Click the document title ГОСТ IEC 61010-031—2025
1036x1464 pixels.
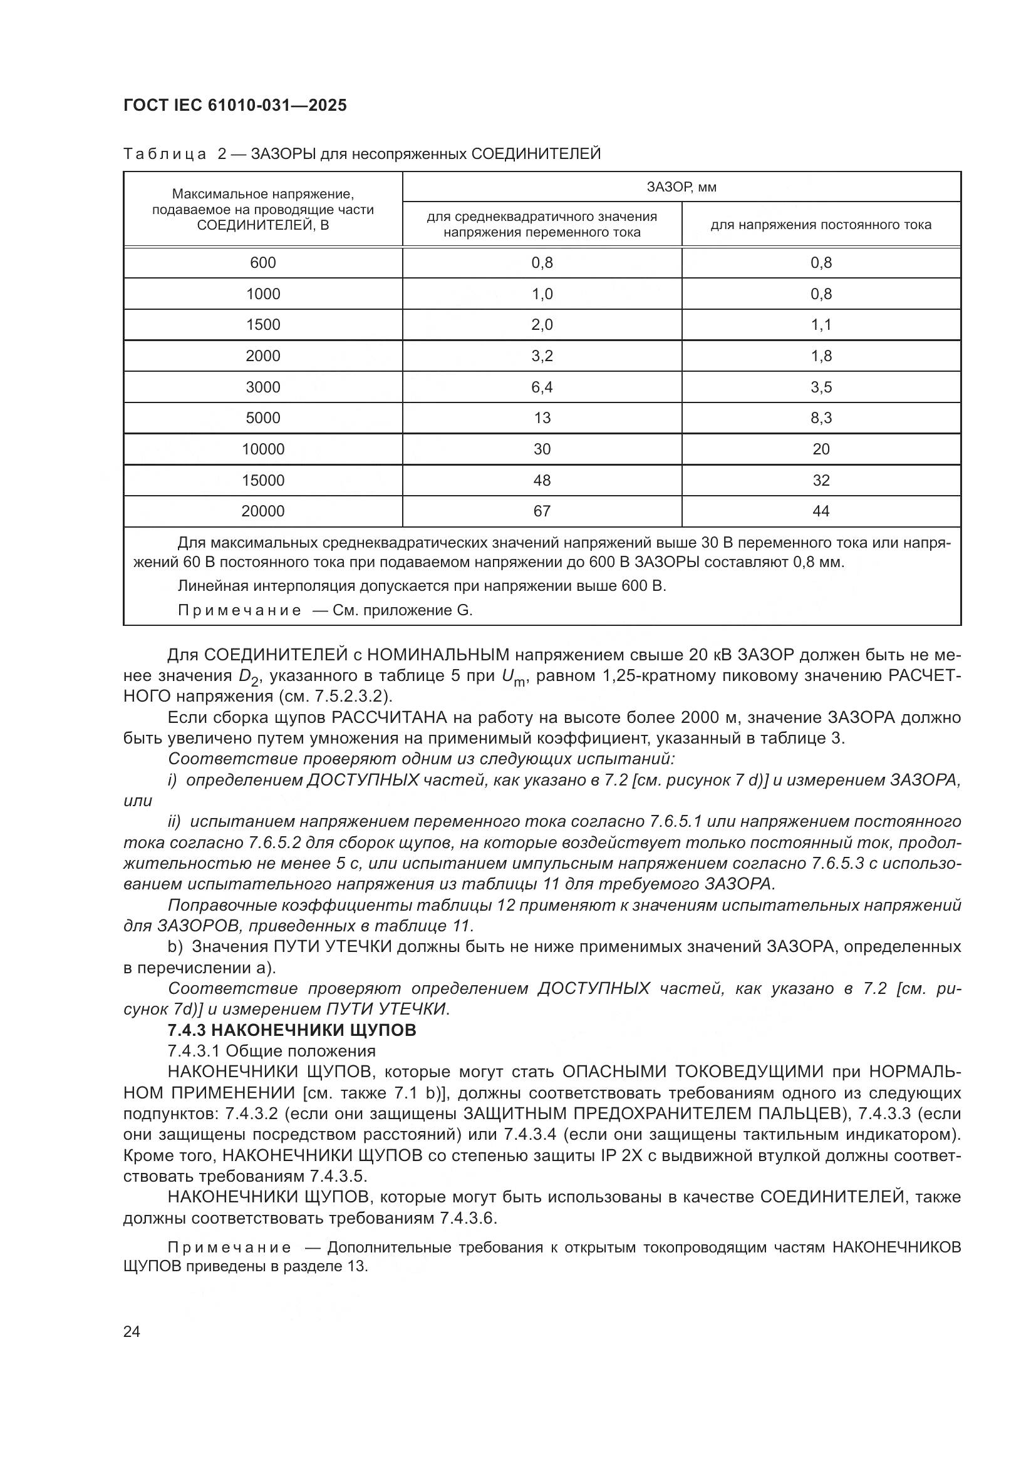click(x=235, y=105)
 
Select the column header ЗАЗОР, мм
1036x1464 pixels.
click(x=681, y=187)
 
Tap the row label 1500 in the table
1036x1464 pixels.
click(x=263, y=325)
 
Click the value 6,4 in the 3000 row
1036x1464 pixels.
click(x=542, y=387)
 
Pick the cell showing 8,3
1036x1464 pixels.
click(x=821, y=417)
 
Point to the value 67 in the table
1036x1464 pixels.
click(x=542, y=511)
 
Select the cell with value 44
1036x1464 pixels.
click(x=821, y=511)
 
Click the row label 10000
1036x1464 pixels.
click(x=263, y=449)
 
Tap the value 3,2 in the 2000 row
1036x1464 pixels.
click(x=542, y=356)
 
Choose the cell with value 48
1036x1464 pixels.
click(x=542, y=480)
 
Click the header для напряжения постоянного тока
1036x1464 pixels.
click(x=821, y=225)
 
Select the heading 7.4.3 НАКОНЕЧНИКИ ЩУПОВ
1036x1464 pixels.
click(x=291, y=1030)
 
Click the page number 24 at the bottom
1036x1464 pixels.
click(x=132, y=1331)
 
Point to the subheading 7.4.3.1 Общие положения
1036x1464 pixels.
click(x=271, y=1051)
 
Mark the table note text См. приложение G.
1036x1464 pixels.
click(x=402, y=610)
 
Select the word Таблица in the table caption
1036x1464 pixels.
click(x=165, y=154)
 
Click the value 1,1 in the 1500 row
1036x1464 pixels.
click(x=821, y=325)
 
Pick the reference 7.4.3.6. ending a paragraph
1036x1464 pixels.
click(x=468, y=1219)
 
